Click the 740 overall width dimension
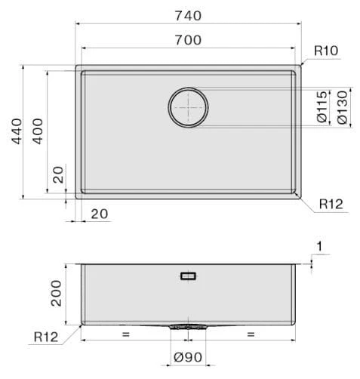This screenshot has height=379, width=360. point(188,16)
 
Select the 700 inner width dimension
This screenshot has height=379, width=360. point(188,40)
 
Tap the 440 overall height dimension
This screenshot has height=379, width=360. point(17,131)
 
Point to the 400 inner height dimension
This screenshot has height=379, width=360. point(38,131)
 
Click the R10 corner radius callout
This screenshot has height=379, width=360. point(326,51)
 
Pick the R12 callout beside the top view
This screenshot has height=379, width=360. point(331,204)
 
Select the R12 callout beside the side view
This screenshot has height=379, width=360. point(46,337)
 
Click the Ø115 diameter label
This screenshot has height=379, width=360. point(322,107)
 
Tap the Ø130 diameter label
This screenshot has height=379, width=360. point(343,107)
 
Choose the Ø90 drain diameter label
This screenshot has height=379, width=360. point(188,357)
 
